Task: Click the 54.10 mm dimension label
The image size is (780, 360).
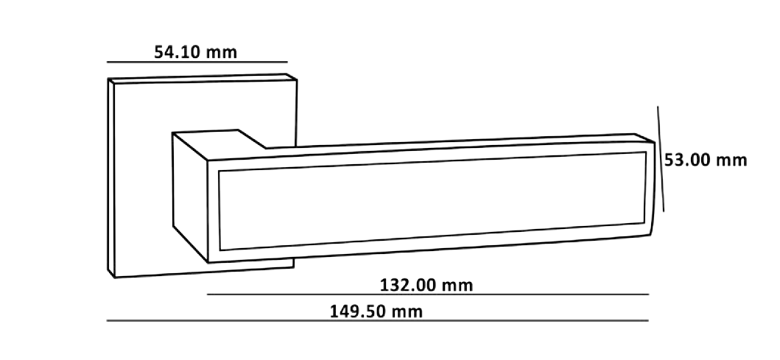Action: [x=195, y=52]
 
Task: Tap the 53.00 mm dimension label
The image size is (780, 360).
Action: [x=705, y=160]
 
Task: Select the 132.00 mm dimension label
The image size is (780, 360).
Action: [x=426, y=285]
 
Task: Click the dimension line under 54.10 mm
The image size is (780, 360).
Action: [x=197, y=62]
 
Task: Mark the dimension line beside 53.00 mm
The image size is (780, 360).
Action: [x=661, y=158]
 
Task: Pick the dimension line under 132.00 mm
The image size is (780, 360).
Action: [x=427, y=294]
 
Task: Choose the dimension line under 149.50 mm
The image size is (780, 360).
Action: [x=377, y=321]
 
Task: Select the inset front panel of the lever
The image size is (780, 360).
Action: [x=427, y=199]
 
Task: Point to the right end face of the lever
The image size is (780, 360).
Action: [x=650, y=188]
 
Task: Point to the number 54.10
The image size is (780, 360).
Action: [x=178, y=52]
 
